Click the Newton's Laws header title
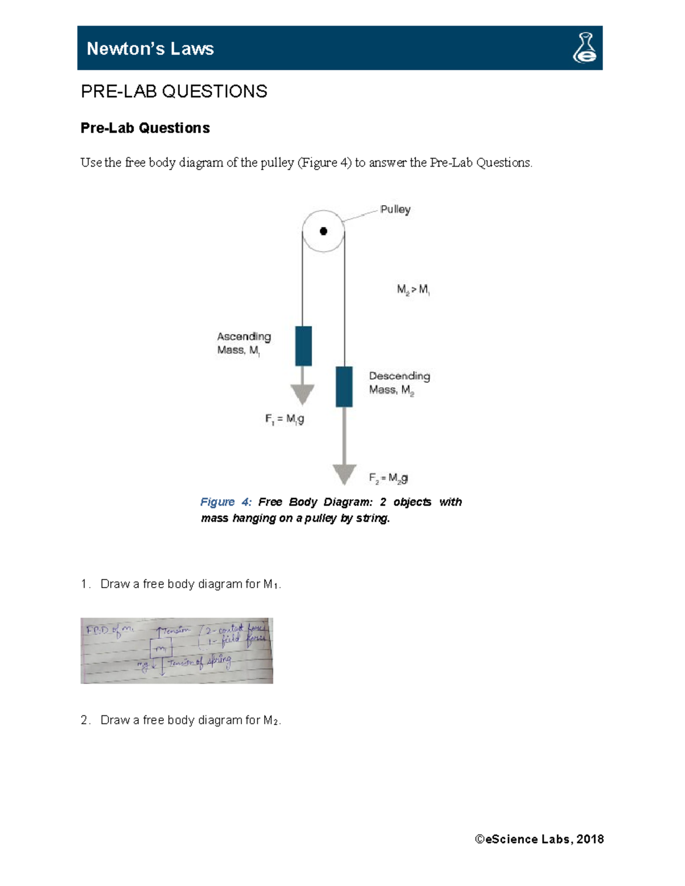[x=150, y=49]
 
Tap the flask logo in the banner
[x=585, y=48]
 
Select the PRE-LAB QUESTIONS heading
[x=174, y=91]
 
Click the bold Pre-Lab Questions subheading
[x=145, y=128]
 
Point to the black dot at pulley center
[x=323, y=231]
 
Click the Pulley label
[x=395, y=209]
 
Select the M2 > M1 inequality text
[x=413, y=290]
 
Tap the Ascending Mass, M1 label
[x=244, y=343]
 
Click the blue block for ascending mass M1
[x=303, y=346]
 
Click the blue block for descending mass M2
[x=344, y=386]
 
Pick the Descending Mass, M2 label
[x=399, y=383]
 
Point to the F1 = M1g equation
[x=284, y=419]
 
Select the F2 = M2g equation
[x=388, y=478]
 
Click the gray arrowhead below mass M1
[x=303, y=394]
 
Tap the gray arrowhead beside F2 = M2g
[x=344, y=474]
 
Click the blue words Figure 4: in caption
[x=225, y=502]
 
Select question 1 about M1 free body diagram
[x=191, y=584]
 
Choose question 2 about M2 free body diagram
[x=191, y=721]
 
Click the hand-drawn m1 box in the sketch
[x=161, y=649]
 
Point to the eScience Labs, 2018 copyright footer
[x=539, y=839]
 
